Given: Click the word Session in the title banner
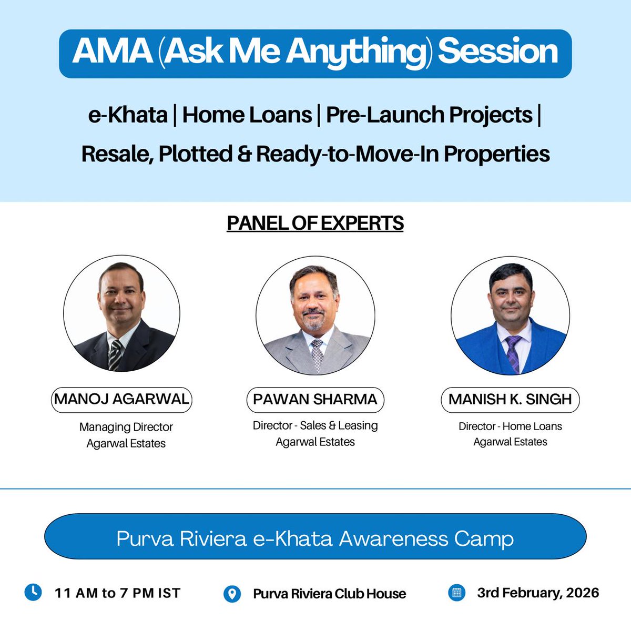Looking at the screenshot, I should point(497,52).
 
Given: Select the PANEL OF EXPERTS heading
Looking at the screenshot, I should point(315,223).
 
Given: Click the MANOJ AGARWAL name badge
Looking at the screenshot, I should point(121,399).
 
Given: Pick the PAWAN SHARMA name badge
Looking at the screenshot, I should point(315,399).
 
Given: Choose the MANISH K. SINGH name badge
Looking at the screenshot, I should point(510,399).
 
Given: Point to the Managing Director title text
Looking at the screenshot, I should point(126,427).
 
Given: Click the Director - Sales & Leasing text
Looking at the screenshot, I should point(315,425).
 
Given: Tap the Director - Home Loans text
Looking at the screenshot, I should point(510,426).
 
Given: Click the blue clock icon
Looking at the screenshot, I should point(33,592).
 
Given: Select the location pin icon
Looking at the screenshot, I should point(232,594).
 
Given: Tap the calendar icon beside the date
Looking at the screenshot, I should point(456,593).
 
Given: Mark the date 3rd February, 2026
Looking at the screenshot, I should point(538,593).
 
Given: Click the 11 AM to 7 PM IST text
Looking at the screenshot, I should point(117,593).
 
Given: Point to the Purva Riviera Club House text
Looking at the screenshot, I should point(329,594).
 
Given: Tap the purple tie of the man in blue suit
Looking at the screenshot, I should point(513,353).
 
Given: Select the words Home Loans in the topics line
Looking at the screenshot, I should point(247,115).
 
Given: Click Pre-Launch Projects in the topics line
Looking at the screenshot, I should point(429,115).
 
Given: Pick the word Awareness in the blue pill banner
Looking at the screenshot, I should point(392,538).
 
